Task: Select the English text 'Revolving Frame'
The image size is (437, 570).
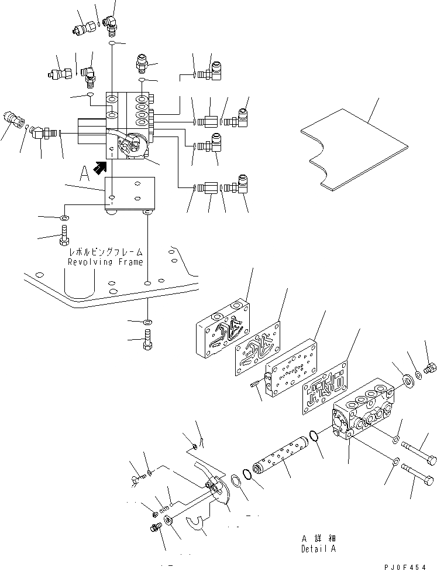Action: tap(105, 262)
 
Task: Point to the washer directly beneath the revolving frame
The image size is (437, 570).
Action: tap(149, 322)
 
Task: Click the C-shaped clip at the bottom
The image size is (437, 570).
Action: tap(199, 521)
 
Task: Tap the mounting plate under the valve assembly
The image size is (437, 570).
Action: tap(129, 194)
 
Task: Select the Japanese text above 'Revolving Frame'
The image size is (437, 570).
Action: tap(105, 251)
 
